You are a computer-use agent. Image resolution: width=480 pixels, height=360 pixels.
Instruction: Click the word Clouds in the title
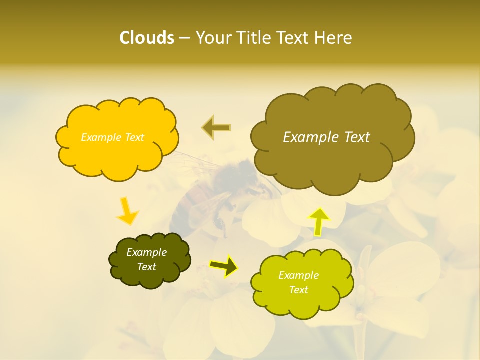click(146, 38)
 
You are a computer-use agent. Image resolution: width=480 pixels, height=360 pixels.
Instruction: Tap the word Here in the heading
click(333, 38)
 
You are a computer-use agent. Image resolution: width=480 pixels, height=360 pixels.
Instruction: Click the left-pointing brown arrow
click(216, 127)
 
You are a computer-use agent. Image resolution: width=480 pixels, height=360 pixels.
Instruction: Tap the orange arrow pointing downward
click(127, 211)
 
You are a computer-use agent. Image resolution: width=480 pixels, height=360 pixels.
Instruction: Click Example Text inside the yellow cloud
click(112, 137)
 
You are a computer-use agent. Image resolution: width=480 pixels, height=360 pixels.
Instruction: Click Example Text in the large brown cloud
click(326, 137)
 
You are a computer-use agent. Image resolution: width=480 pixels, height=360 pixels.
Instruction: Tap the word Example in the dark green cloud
click(146, 252)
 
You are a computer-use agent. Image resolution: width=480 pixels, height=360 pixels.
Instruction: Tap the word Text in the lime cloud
click(298, 290)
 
